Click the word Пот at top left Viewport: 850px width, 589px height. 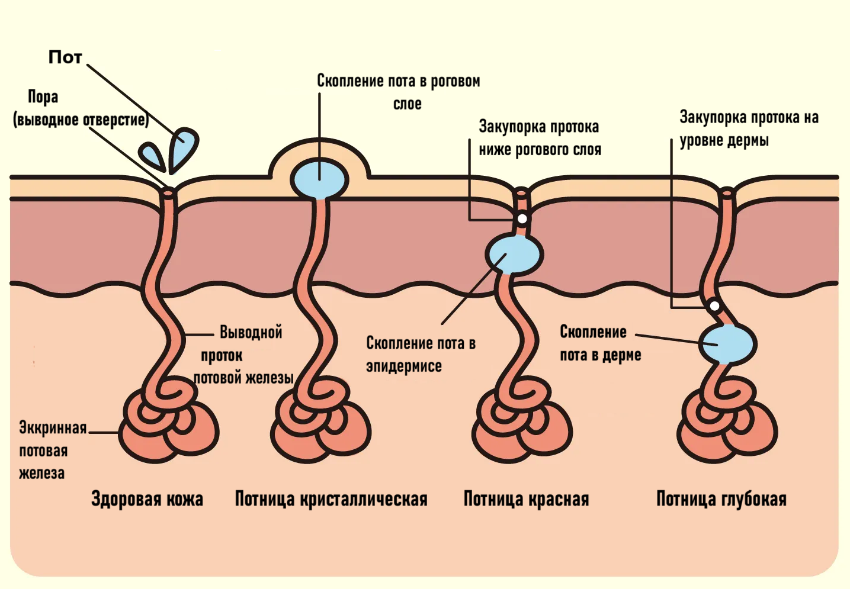[x=65, y=57]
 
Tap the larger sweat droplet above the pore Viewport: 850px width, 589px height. [x=183, y=148]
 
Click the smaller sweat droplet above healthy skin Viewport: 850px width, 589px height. [x=152, y=155]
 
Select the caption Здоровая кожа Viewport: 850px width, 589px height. [x=147, y=499]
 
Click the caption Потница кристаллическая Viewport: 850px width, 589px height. [x=331, y=499]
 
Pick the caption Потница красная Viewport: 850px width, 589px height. [x=526, y=499]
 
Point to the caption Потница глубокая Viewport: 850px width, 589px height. [x=721, y=499]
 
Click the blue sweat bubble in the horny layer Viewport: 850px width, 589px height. [x=319, y=178]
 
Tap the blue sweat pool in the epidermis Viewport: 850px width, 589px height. [x=514, y=254]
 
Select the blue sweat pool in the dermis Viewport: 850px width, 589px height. [x=726, y=344]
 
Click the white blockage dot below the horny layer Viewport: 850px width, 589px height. [x=522, y=219]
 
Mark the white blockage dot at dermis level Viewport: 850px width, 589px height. [x=714, y=306]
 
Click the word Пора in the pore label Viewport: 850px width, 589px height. [x=43, y=97]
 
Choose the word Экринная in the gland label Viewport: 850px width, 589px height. [x=53, y=427]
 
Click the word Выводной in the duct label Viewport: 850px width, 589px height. [x=251, y=332]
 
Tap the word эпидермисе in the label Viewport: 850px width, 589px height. [x=403, y=366]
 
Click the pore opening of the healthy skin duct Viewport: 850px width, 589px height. [x=168, y=192]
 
